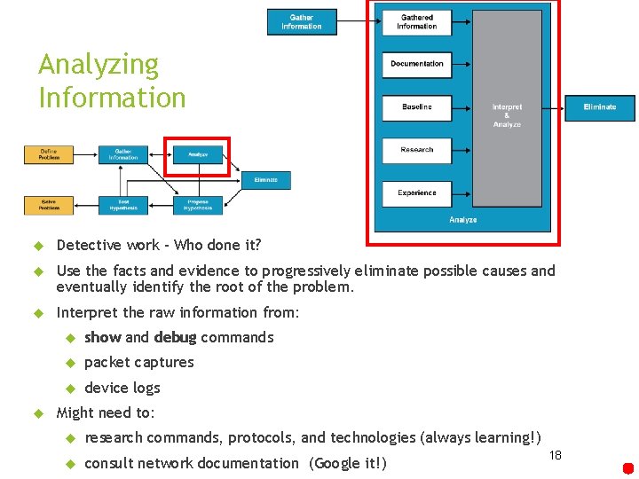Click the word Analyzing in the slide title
pos(99,65)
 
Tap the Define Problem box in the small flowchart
pos(49,154)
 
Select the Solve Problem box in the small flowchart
pos(49,205)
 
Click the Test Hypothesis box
pos(123,205)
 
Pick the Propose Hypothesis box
pos(198,205)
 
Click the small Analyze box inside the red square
pos(198,154)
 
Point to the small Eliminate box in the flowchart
pos(265,180)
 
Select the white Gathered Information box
pos(416,22)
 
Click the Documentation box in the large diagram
pos(416,64)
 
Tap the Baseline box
pos(416,107)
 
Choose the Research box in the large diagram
pos(416,150)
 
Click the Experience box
pos(416,192)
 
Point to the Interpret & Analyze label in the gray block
pos(507,115)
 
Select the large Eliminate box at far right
pos(600,107)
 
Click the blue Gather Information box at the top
pos(302,22)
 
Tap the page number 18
pos(556,455)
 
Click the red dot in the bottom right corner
pos(627,468)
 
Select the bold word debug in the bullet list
pos(175,337)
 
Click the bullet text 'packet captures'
pos(138,362)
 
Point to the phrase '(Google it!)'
pos(348,463)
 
